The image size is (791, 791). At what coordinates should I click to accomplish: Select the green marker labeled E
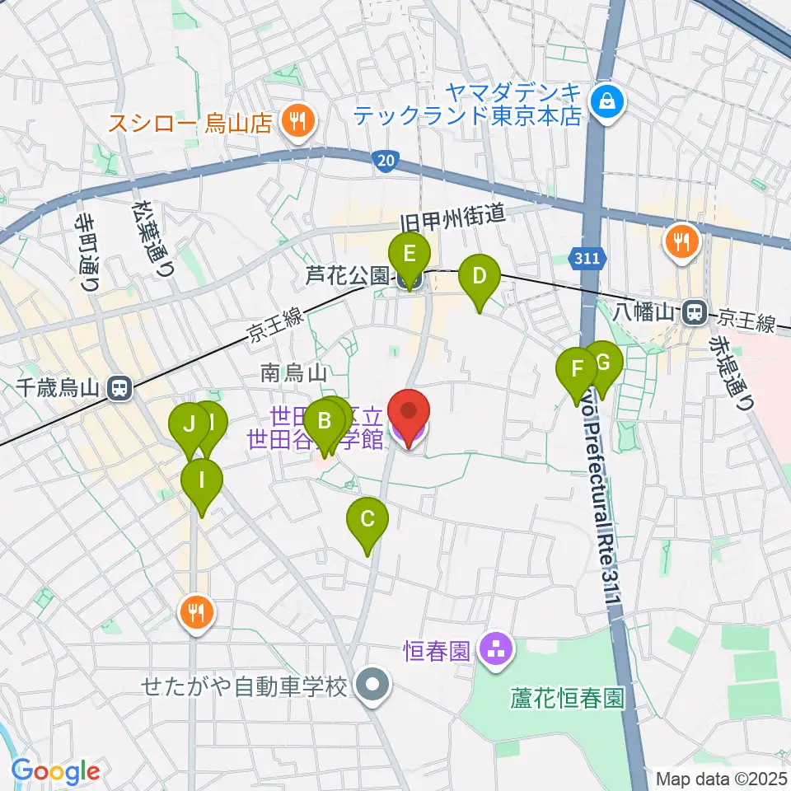click(410, 252)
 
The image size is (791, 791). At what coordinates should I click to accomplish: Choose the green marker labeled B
click(324, 424)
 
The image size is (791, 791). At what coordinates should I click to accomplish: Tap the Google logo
click(56, 772)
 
